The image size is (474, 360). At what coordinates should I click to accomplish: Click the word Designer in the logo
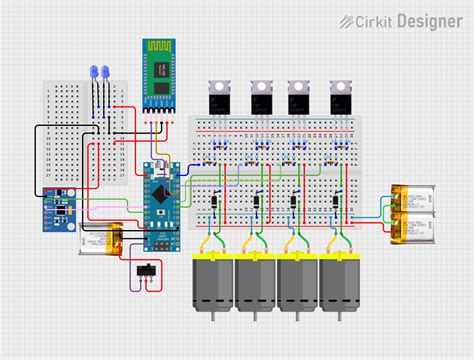click(428, 20)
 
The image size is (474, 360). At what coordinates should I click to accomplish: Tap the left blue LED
click(94, 74)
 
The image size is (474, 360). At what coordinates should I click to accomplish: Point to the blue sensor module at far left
click(60, 209)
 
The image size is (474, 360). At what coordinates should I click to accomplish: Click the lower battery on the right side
click(413, 227)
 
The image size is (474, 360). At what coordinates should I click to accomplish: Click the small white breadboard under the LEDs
click(86, 130)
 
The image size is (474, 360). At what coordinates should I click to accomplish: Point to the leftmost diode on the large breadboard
click(214, 203)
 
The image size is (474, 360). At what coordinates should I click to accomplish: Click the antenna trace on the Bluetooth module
click(158, 49)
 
